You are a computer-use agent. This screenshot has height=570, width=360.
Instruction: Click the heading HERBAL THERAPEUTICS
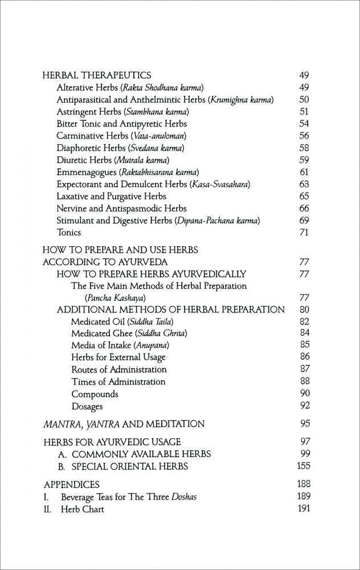click(97, 75)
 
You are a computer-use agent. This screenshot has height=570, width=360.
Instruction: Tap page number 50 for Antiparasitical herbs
click(304, 99)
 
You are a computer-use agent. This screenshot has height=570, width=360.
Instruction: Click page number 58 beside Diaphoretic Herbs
click(304, 148)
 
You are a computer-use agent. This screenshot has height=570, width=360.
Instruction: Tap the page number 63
click(304, 184)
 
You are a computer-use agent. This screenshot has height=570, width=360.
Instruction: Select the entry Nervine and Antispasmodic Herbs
click(121, 209)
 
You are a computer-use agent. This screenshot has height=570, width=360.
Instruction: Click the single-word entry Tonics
click(68, 233)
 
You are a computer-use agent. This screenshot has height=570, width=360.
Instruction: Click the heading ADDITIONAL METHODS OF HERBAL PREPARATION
click(170, 310)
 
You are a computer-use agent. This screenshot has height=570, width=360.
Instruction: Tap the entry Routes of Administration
click(118, 369)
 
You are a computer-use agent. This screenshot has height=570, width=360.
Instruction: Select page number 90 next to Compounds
click(304, 394)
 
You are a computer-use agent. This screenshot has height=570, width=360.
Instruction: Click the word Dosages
click(87, 406)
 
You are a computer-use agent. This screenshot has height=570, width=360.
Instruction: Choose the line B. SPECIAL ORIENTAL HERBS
click(123, 466)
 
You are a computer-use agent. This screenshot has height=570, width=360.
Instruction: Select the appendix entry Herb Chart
click(82, 509)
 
